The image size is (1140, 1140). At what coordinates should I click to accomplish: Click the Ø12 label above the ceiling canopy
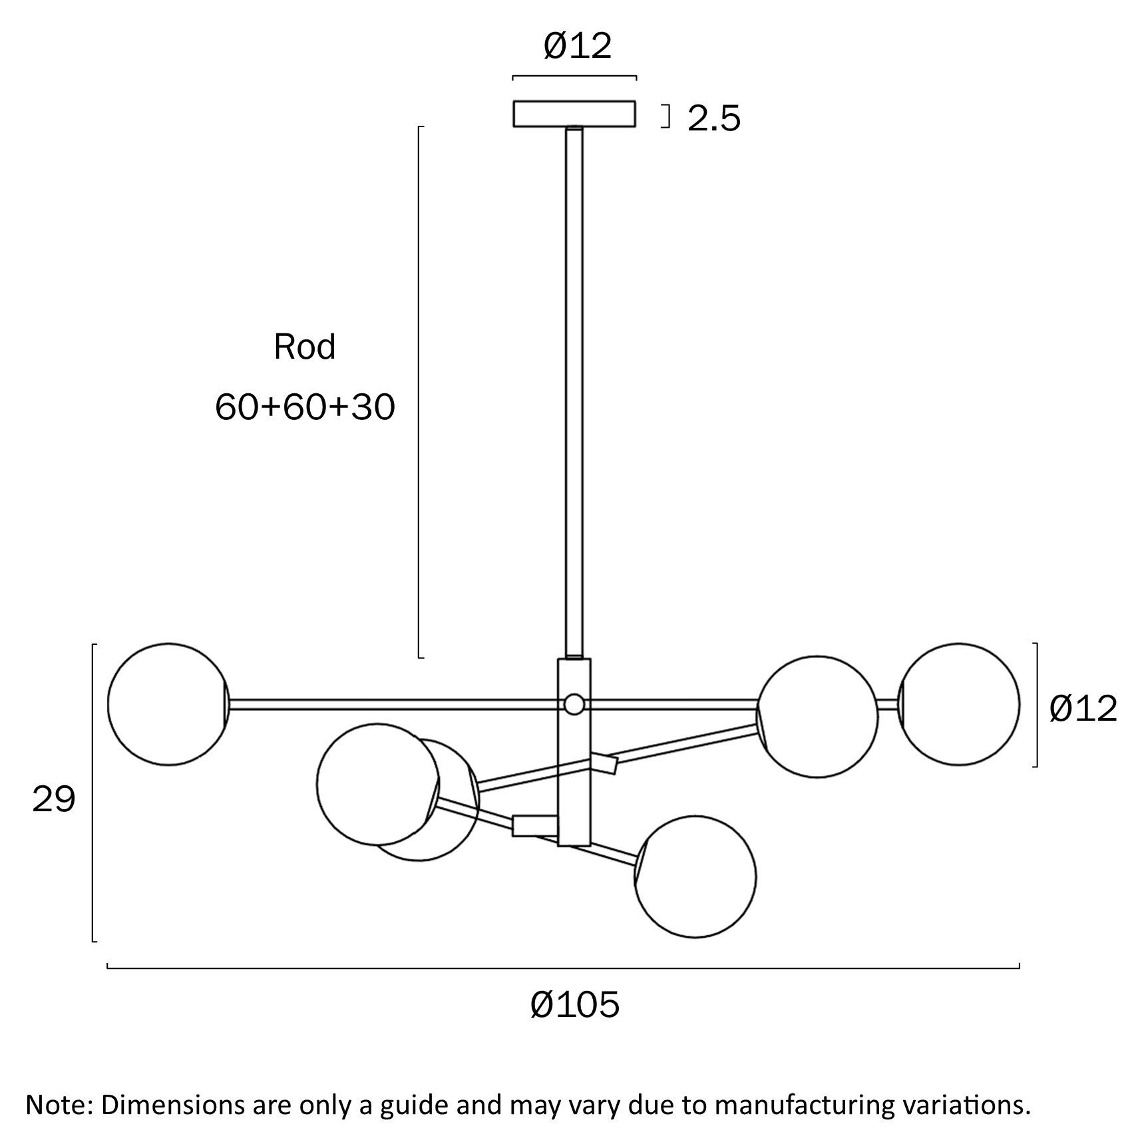click(577, 47)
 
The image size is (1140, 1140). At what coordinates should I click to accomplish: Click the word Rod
click(305, 347)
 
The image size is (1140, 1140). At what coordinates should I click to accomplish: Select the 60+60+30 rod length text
click(305, 407)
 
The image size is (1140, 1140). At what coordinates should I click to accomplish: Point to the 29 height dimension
click(53, 799)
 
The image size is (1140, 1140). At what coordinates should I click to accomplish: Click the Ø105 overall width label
click(575, 1004)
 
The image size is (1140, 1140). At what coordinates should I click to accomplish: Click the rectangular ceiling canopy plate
click(574, 114)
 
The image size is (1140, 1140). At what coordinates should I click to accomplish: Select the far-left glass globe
click(168, 704)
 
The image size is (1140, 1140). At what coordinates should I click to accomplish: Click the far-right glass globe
click(959, 704)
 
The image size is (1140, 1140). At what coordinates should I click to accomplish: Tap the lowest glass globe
click(695, 876)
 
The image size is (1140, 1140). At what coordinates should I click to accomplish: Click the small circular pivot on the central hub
click(574, 703)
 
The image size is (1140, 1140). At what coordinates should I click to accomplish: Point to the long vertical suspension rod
click(574, 393)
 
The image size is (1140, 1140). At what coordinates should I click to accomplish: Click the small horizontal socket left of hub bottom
click(534, 825)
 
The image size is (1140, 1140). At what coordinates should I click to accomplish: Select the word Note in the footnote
click(55, 1105)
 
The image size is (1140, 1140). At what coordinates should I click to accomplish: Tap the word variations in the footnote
click(966, 1105)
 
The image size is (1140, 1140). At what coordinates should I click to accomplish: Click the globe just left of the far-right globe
click(817, 717)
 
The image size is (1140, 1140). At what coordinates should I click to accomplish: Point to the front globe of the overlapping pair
click(377, 785)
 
